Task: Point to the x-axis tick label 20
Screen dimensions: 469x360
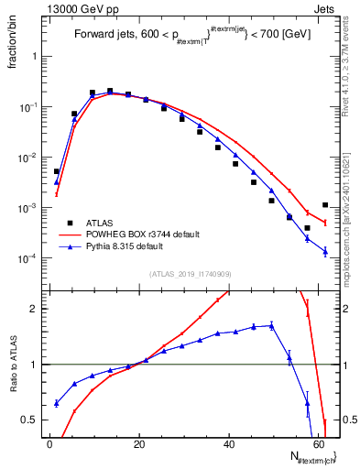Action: [139, 445]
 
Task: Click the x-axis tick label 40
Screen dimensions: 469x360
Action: [229, 445]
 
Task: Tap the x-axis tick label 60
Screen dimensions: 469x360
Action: [319, 445]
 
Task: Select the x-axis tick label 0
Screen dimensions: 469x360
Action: [49, 445]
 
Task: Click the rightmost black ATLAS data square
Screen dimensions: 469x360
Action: [325, 205]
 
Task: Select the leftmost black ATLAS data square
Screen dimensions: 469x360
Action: [56, 171]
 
